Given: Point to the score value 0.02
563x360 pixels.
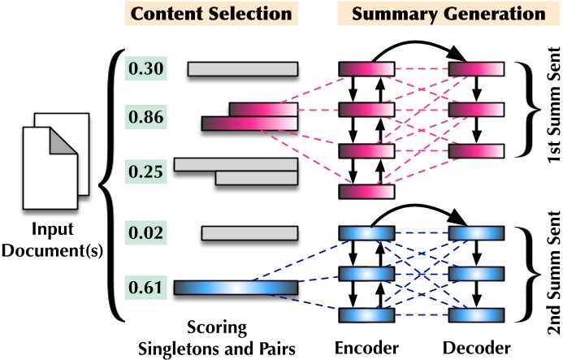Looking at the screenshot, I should [147, 233].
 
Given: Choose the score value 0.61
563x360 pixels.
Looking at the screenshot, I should [147, 287].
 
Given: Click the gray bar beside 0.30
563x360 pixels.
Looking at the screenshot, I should [243, 69].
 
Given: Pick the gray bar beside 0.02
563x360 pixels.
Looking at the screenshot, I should [249, 234].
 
